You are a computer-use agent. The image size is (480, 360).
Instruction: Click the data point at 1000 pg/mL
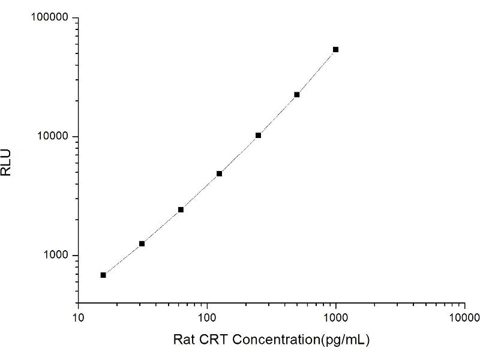tap(335, 50)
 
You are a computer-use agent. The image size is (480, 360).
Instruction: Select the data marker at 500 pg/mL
tap(296, 95)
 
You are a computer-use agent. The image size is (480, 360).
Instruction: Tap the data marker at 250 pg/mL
tap(258, 136)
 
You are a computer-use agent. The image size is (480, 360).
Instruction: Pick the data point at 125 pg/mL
tap(219, 173)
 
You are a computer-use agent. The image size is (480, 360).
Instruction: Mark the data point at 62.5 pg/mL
tap(181, 209)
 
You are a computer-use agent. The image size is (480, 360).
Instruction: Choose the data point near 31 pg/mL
tap(142, 244)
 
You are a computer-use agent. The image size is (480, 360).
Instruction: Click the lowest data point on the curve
tap(103, 275)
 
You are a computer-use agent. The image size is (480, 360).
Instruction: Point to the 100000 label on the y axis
tap(49, 17)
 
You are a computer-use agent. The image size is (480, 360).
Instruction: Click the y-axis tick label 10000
tap(52, 136)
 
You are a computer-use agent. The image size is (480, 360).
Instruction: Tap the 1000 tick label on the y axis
tap(55, 254)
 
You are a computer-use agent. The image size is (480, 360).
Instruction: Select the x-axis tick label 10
tap(79, 317)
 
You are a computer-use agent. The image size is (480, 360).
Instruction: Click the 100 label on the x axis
tap(207, 317)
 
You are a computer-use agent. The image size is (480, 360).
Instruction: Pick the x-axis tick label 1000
tap(336, 317)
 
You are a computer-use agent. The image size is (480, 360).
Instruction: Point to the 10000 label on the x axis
tap(464, 317)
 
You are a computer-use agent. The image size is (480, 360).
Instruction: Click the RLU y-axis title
tap(6, 163)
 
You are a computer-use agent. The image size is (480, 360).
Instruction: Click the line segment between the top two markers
tap(316, 72)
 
